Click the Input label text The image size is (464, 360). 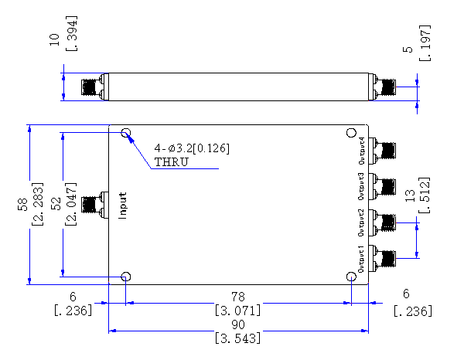[123, 205]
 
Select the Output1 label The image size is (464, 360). [361, 259]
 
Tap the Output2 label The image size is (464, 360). [361, 222]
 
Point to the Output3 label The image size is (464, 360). [361, 186]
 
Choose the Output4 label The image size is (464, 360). [361, 151]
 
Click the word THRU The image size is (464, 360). [172, 162]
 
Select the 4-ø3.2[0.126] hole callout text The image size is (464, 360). [192, 148]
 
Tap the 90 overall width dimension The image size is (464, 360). [238, 324]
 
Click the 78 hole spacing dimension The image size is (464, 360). [238, 297]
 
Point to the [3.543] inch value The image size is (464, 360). [238, 338]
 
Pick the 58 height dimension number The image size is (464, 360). [22, 204]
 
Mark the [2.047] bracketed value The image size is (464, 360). [70, 204]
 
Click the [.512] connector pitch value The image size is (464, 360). [424, 195]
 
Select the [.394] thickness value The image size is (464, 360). [71, 33]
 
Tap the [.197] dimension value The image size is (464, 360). [425, 43]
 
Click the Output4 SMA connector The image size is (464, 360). [383, 151]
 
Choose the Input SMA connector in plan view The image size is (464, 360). [94, 205]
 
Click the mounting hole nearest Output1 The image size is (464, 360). [351, 277]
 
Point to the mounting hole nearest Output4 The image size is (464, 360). [351, 133]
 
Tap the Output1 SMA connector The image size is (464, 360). [383, 259]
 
